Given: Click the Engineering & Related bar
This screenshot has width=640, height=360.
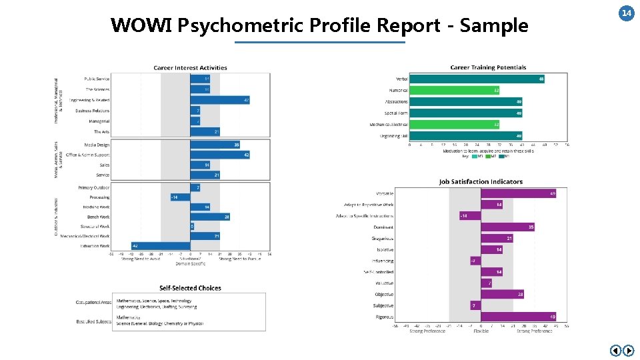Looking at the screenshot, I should [x=220, y=100].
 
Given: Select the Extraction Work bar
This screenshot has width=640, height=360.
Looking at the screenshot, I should [x=161, y=246].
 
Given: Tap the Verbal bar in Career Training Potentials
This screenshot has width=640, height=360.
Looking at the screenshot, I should [x=477, y=79].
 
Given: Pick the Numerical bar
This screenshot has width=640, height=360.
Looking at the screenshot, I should [x=454, y=90].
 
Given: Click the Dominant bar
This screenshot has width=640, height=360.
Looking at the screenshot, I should [x=507, y=227].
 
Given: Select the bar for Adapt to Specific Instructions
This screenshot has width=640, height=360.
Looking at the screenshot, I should [x=470, y=216].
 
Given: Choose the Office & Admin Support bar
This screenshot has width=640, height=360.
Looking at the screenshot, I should [x=220, y=155].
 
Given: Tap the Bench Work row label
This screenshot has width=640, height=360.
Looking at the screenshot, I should [x=98, y=217].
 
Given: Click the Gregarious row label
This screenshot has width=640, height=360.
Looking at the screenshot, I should [x=382, y=239].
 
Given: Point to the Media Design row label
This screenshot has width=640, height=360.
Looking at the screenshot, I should [x=97, y=145].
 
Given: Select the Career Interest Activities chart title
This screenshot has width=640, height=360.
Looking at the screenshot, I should [x=190, y=68].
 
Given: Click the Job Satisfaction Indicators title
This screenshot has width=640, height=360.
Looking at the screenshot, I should [x=481, y=181].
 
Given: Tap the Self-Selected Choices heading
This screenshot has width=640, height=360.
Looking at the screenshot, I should [x=190, y=288].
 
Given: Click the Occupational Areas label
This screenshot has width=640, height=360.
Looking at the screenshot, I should [x=94, y=303].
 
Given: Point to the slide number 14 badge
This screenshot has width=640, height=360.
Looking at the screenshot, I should [x=626, y=13].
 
